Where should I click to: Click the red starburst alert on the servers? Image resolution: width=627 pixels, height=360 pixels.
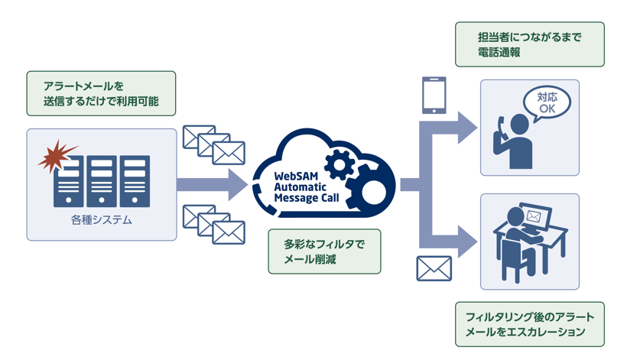coord(54,156)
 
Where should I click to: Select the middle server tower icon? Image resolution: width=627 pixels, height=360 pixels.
coord(102,181)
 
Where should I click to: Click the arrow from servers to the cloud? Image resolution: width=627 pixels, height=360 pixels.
coord(210,184)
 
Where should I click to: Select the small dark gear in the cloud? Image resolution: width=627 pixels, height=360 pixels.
coord(339,164)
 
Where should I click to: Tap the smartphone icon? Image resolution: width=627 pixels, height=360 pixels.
coord(434,95)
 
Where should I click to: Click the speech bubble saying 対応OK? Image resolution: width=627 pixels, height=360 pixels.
coord(547,103)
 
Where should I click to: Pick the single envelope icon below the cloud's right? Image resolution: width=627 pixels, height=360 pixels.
coord(434,268)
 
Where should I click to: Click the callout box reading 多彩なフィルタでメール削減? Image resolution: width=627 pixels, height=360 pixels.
coord(324,251)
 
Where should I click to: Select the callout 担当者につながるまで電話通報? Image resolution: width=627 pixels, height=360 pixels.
coord(529,44)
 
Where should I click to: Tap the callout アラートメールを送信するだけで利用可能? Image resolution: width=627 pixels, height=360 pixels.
coord(101,93)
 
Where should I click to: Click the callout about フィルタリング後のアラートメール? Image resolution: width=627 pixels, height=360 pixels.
coord(529,324)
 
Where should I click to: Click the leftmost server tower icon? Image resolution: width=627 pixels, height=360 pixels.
coord(69,181)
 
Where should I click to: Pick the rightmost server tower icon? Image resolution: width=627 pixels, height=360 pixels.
coord(135,181)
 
